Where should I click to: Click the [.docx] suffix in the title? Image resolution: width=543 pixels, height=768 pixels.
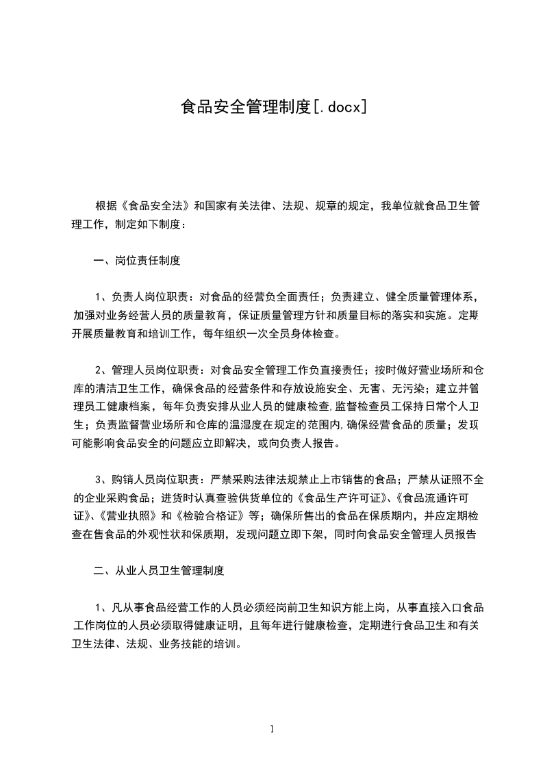pyautogui.click(x=338, y=106)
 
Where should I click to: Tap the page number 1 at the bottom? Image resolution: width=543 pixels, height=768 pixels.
pyautogui.click(x=272, y=728)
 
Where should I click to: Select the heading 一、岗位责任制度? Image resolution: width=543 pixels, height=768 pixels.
pyautogui.click(x=136, y=261)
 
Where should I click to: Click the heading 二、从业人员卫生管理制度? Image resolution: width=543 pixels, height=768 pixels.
pyautogui.click(x=158, y=569)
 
